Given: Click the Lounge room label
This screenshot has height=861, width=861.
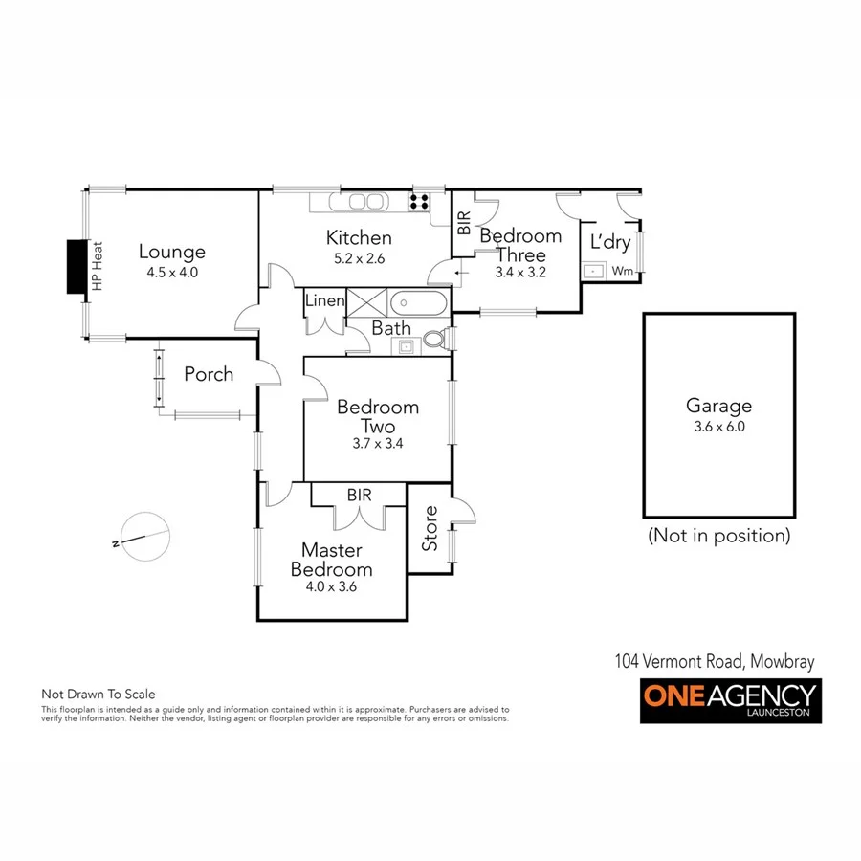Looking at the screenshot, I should (172, 252).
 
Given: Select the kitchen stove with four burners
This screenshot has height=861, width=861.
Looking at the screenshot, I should (419, 201).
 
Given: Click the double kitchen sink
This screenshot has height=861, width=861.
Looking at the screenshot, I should (363, 202).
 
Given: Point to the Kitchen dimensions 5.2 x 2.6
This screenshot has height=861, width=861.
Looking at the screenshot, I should (359, 258).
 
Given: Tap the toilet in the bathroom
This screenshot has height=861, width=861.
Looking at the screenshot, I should (436, 340).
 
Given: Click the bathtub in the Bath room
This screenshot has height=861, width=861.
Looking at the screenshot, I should (418, 303).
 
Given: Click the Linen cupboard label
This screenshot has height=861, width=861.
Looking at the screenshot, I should (324, 300).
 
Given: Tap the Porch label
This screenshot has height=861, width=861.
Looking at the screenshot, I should (209, 374).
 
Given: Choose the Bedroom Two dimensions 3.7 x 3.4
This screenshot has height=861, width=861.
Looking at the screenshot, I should (377, 443).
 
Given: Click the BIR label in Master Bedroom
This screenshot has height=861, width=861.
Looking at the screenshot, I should (360, 495).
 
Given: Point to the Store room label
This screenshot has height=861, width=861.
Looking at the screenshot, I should (430, 528).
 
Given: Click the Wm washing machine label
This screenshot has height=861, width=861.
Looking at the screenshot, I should (621, 271).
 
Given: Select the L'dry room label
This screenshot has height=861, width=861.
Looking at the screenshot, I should (609, 242).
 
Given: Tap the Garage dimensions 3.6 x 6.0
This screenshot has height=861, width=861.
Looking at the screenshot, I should (718, 427).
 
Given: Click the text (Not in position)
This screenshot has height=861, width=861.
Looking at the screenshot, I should (719, 535).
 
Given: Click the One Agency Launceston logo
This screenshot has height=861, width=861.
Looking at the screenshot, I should (730, 701).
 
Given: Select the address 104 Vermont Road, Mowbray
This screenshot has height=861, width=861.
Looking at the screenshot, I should (714, 661).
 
